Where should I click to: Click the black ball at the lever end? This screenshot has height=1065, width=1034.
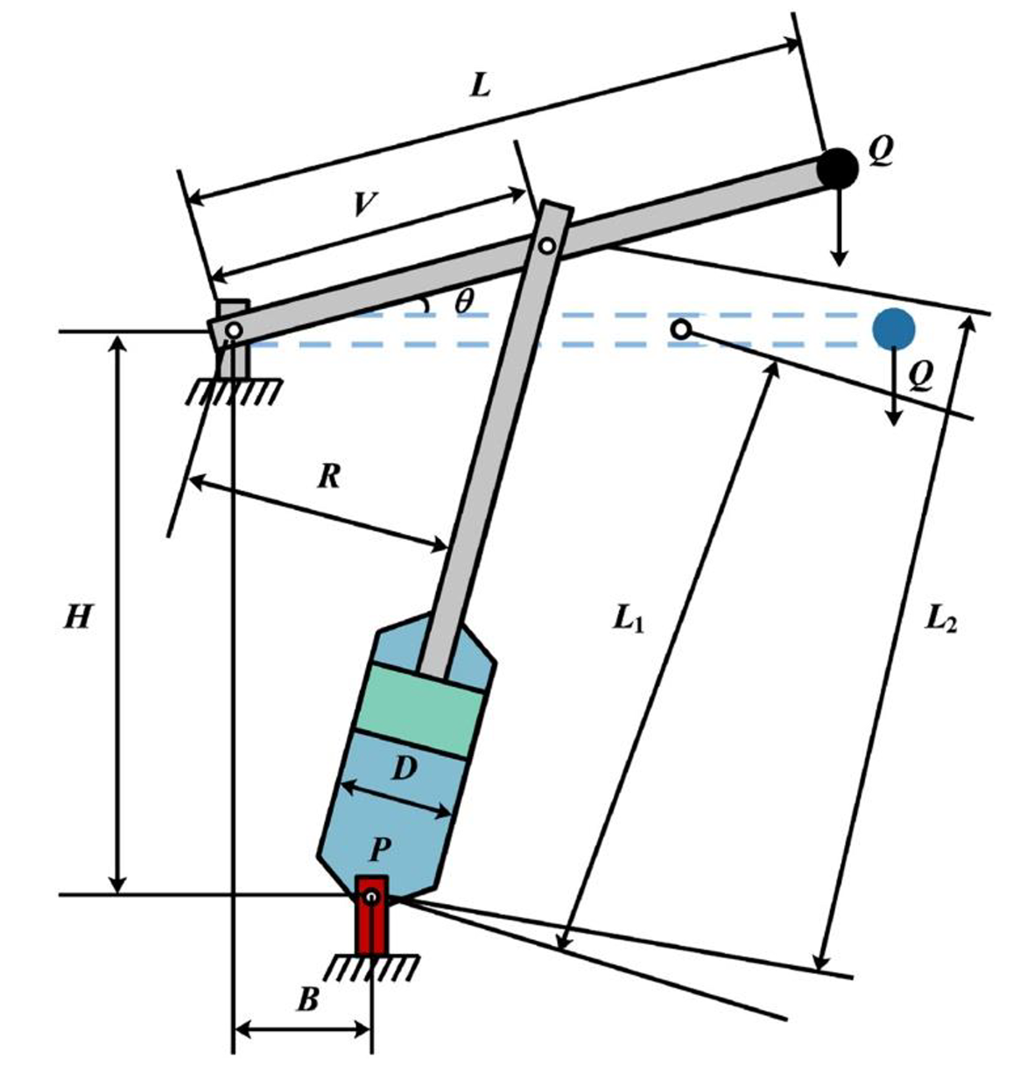click(x=838, y=168)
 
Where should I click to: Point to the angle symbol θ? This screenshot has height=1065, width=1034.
click(x=463, y=301)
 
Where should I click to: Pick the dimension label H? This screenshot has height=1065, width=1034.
click(x=78, y=618)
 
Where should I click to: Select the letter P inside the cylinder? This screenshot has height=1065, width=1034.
click(x=381, y=847)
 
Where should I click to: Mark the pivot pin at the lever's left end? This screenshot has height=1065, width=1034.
click(x=233, y=330)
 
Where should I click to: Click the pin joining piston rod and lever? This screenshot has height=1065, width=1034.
click(x=546, y=246)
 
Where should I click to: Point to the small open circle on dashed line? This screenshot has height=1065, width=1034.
click(x=681, y=330)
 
